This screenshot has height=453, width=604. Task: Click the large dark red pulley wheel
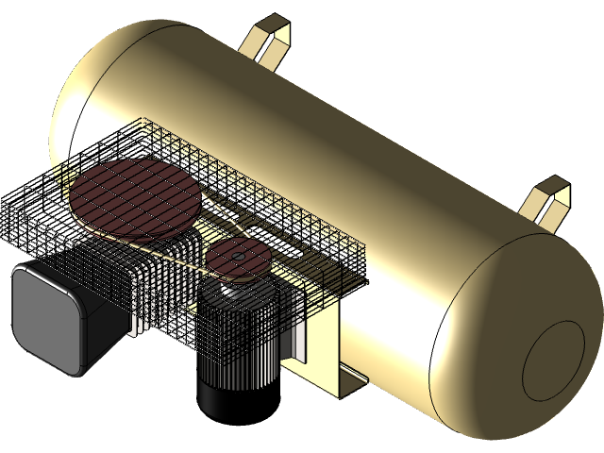click(x=134, y=198)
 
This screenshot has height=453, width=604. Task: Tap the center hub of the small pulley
click(x=238, y=255)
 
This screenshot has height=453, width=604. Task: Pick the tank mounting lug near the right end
click(x=547, y=201)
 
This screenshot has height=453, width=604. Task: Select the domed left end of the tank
click(x=80, y=113)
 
